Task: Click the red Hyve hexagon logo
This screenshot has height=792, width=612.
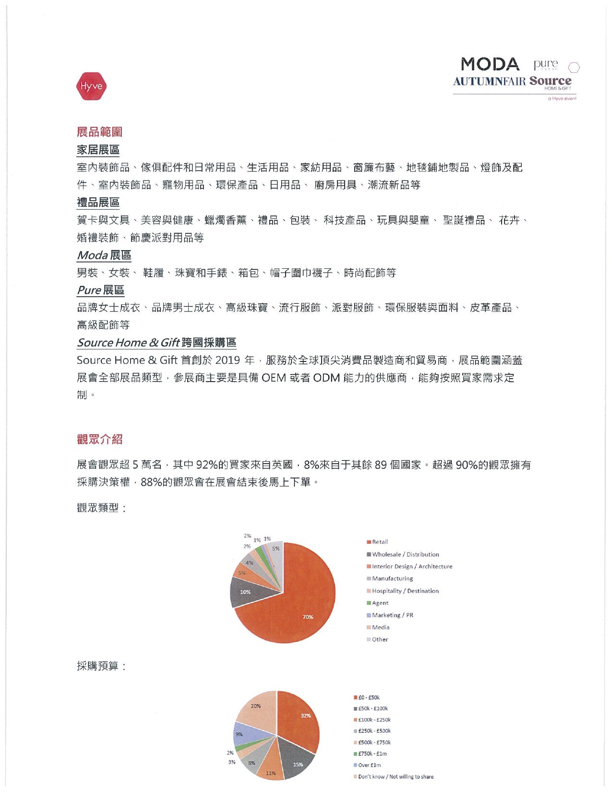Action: pos(91,86)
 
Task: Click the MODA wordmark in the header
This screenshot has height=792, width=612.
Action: pos(490,64)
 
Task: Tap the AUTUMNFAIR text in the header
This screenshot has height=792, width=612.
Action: pos(489,81)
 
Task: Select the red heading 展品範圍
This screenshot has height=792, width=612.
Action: pos(99,132)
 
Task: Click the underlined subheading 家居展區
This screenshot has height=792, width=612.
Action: pos(98,150)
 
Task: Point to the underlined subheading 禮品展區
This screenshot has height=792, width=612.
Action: pos(98,203)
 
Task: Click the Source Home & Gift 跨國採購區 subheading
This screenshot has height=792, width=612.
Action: pos(156,343)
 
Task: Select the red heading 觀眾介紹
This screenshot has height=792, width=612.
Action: pos(99,439)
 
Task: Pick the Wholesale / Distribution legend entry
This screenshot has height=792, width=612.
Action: pos(405,554)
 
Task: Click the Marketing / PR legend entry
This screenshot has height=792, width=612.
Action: pos(392,615)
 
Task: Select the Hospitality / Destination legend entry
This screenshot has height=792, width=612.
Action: pos(405,591)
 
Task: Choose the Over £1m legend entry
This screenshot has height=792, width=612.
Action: pos(369,765)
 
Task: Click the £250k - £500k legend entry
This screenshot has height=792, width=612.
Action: pos(374,731)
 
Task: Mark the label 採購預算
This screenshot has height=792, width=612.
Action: pos(101,666)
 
